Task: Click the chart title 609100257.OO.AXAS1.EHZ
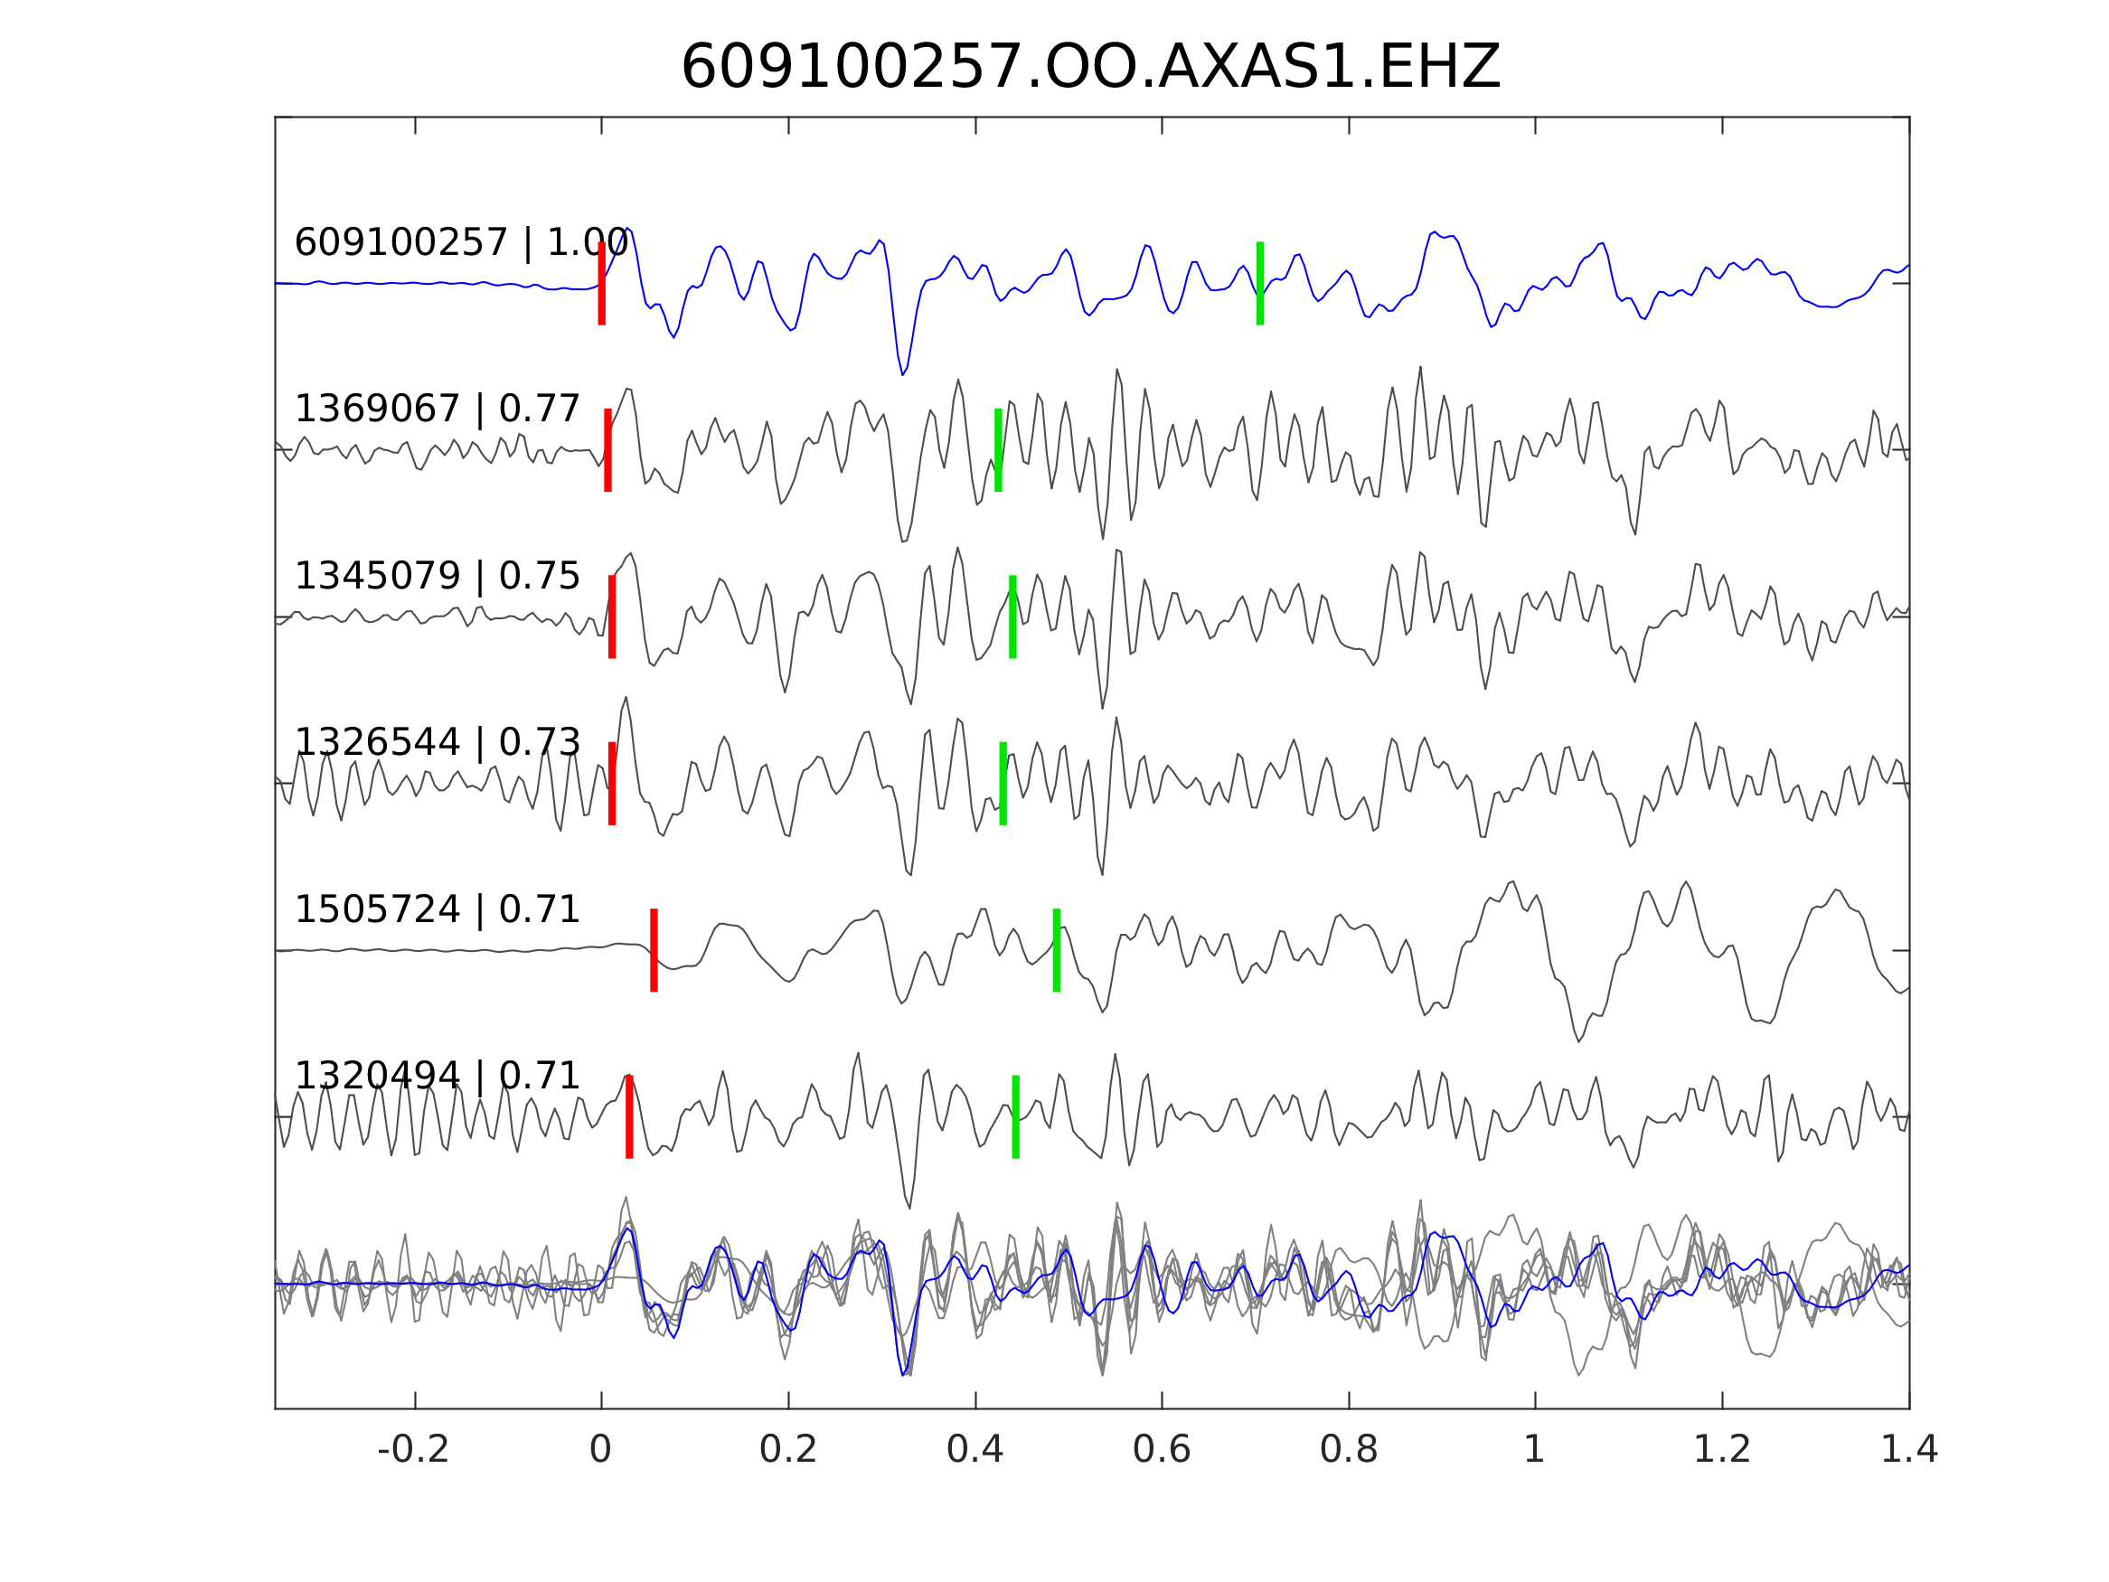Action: (1090, 68)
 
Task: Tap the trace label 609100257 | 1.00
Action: (460, 243)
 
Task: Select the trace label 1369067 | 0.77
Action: (437, 410)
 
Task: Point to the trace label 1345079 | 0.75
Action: (437, 576)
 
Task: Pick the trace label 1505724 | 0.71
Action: (437, 909)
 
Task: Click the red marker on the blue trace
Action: (602, 283)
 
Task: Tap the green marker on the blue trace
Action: (1259, 283)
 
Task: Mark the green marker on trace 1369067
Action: (998, 450)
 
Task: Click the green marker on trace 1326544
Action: (1003, 783)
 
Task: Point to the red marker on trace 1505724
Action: (654, 951)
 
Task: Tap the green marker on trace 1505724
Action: (1057, 951)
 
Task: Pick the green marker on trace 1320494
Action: (1015, 1116)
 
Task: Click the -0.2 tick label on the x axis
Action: (413, 1449)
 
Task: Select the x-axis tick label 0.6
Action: (1162, 1449)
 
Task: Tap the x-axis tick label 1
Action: (1534, 1449)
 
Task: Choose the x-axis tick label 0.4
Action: (974, 1449)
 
